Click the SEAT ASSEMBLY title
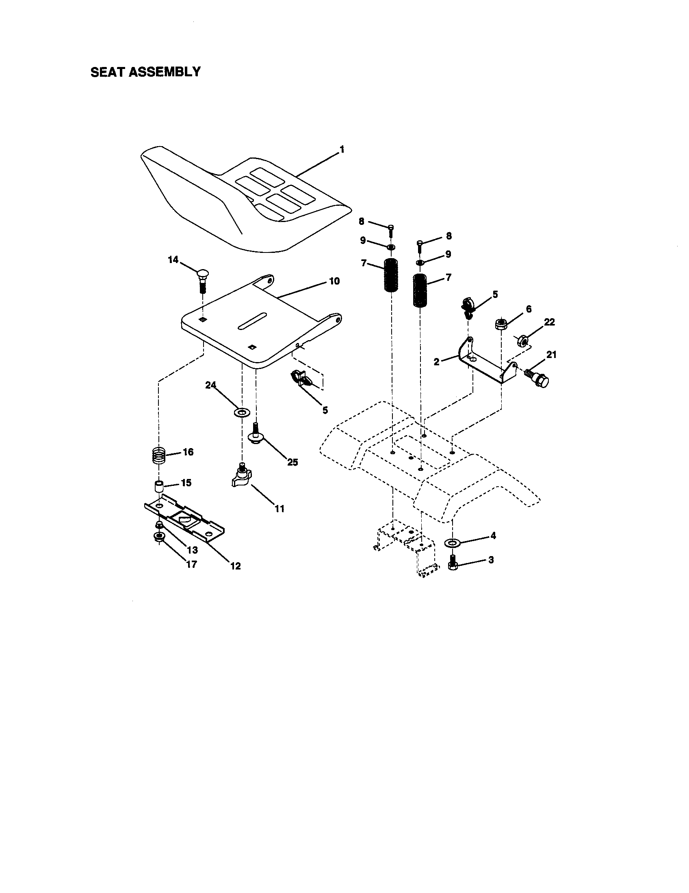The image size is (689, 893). tap(145, 72)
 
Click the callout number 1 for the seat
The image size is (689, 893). tap(342, 150)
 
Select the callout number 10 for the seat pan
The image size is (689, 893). tap(334, 281)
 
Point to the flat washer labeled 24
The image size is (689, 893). tap(242, 412)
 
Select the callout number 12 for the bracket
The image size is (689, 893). tap(235, 566)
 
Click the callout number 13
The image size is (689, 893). tap(192, 550)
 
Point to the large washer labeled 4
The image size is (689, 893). tap(452, 543)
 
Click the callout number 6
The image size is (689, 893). tap(529, 309)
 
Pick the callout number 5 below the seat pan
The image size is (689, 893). tap(325, 410)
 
